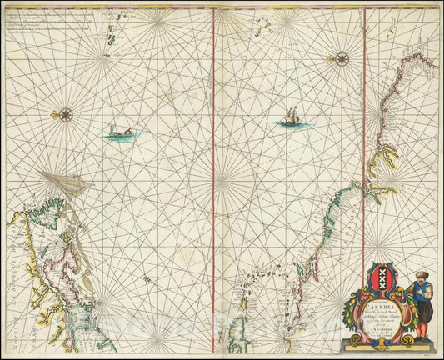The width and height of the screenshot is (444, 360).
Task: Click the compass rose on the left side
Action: (66, 115)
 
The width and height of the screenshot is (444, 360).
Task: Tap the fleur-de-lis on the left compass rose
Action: (66, 107)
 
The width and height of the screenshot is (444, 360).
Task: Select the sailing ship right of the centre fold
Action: (290, 120)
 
